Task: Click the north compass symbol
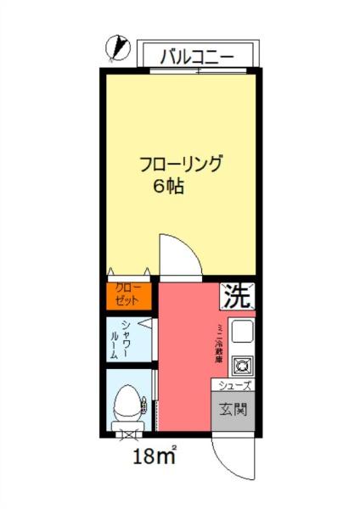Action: (119, 48)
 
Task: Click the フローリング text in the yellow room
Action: (182, 164)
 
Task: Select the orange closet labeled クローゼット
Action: (128, 294)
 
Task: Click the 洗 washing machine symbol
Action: (238, 295)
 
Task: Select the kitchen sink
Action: (241, 332)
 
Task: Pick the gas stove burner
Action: (241, 366)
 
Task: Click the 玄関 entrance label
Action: (235, 412)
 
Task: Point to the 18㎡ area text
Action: (155, 459)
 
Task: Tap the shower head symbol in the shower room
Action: (148, 323)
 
